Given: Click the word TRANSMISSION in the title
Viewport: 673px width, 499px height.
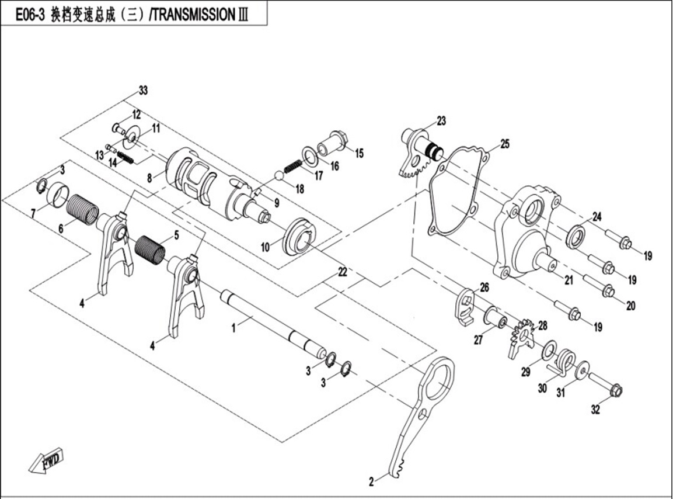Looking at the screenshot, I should pyautogui.click(x=194, y=15).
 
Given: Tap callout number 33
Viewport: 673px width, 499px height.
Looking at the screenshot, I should pyautogui.click(x=142, y=91).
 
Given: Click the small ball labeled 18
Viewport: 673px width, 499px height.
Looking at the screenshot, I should pyautogui.click(x=280, y=176).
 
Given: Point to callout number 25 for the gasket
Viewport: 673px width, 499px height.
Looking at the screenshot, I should pyautogui.click(x=504, y=144).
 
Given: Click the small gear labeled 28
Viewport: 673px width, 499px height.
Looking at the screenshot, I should pyautogui.click(x=522, y=337).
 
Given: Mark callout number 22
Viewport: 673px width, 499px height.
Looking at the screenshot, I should pyautogui.click(x=342, y=272).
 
